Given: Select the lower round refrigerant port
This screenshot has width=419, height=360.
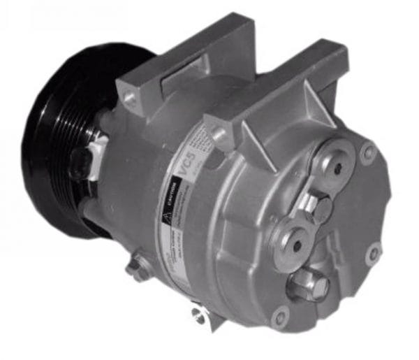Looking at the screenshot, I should point(294,241).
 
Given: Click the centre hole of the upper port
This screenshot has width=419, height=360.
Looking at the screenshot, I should point(337,168).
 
